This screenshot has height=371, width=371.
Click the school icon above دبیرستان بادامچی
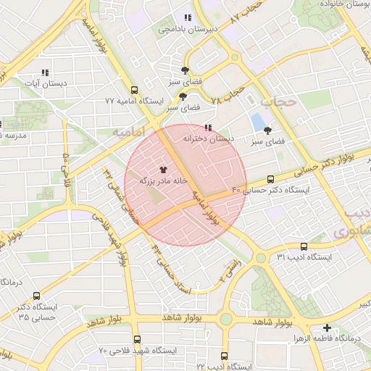[x=188, y=17]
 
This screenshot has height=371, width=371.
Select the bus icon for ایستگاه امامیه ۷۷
[x=135, y=90]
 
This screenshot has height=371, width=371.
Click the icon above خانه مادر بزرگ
[x=162, y=168]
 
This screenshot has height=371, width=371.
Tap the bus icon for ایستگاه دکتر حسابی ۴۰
[x=271, y=178]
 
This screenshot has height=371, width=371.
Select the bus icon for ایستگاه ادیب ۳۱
[x=303, y=246]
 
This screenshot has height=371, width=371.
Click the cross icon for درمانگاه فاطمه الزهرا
[x=327, y=328]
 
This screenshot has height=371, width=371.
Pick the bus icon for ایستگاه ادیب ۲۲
[x=224, y=356]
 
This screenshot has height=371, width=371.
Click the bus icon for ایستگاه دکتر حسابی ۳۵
[x=37, y=295]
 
